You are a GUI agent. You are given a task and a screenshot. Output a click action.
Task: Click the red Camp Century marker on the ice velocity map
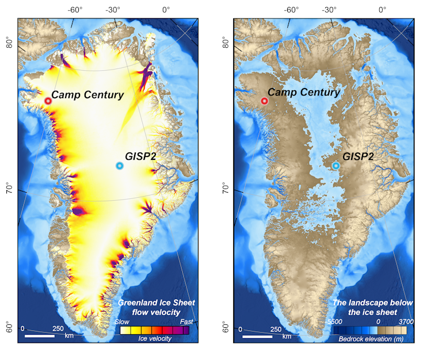coord(48,101)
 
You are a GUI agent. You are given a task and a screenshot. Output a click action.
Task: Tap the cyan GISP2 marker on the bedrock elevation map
coord(336,166)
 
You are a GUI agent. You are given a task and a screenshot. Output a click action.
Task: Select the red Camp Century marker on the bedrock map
coord(264,101)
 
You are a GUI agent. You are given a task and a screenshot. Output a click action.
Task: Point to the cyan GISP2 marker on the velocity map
coord(119,166)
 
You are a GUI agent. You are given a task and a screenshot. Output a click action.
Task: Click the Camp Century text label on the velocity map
coord(87,94)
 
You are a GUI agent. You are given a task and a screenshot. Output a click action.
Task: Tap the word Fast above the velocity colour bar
coord(186,322)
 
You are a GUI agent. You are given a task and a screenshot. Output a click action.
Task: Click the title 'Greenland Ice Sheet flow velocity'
coord(156,307)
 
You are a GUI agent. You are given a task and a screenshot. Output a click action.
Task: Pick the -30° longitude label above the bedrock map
coord(329,9)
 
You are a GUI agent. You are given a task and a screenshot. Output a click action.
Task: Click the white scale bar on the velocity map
coord(40,335)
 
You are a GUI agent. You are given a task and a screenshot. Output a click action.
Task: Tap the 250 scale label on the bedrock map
coord(276,329)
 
